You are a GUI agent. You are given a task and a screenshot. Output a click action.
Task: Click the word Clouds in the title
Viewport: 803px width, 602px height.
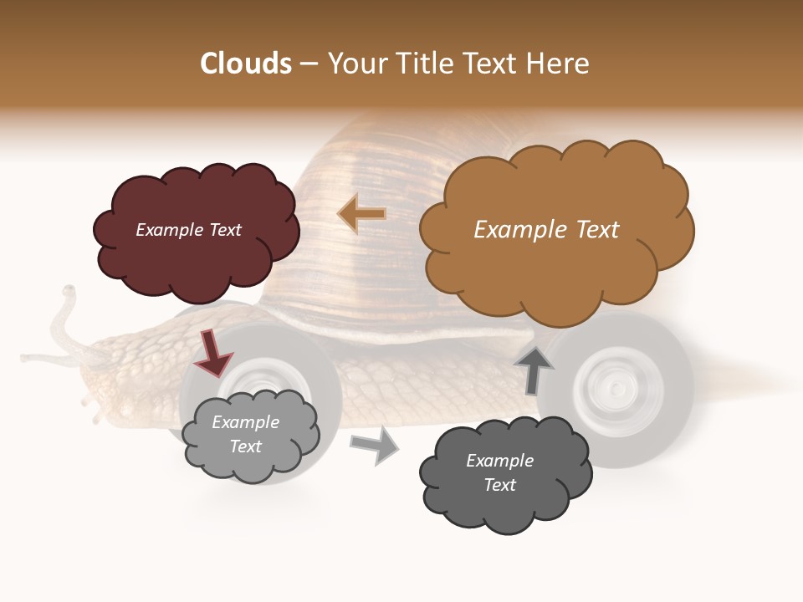point(246,64)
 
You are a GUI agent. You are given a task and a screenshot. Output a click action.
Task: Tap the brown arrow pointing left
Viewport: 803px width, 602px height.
point(362,214)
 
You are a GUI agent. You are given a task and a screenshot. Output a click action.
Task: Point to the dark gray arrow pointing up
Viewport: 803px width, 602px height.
point(533,370)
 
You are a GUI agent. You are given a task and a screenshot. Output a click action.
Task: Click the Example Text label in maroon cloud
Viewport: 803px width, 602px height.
point(188,230)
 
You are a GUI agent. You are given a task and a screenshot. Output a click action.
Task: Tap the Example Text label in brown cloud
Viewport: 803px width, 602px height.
point(546,230)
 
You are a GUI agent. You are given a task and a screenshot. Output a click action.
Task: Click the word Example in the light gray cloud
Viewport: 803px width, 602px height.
point(245,422)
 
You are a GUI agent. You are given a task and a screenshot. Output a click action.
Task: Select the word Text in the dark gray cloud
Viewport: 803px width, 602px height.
point(499,485)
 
